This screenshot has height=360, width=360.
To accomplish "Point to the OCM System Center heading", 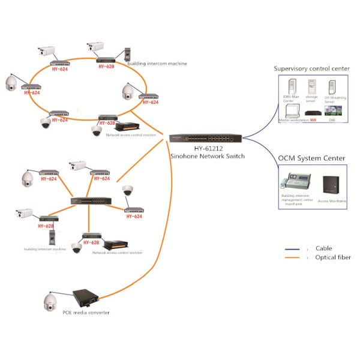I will [x=311, y=158].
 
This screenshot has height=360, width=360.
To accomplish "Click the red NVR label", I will [x=313, y=121].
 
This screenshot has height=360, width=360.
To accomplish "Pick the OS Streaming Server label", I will [x=334, y=100].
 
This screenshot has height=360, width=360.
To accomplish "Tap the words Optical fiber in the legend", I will [x=333, y=257].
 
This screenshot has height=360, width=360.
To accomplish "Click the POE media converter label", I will [x=86, y=313].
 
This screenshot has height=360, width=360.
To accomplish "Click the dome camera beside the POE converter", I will [x=50, y=303].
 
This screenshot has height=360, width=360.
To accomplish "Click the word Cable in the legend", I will [x=323, y=248].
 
